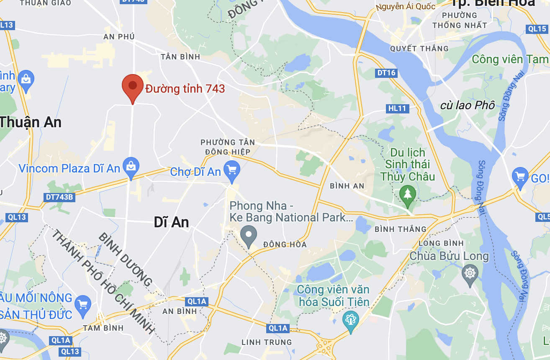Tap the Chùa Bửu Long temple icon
(x=470, y=274)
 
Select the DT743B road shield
(x=59, y=197)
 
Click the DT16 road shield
(x=386, y=73)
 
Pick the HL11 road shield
(x=397, y=109)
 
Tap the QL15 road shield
(x=537, y=29)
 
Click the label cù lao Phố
(x=468, y=105)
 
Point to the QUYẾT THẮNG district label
(x=419, y=49)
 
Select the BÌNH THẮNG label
(x=400, y=229)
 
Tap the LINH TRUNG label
(x=267, y=342)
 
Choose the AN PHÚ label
(x=119, y=37)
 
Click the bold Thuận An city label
(x=31, y=122)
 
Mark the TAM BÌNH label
(x=103, y=328)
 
